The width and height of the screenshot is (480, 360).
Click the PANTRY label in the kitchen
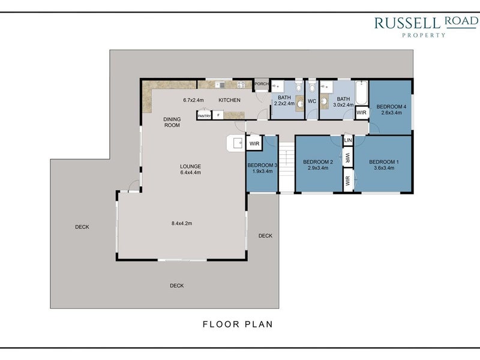tap(204, 116)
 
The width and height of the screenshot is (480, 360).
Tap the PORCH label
tap(262, 83)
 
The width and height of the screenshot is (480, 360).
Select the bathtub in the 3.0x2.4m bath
tap(362, 92)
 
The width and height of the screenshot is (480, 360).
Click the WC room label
tap(312, 101)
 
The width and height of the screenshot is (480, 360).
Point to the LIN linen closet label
tap(348, 140)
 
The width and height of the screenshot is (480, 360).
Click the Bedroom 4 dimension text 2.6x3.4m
tap(391, 113)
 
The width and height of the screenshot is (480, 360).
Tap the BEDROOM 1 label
tap(384, 162)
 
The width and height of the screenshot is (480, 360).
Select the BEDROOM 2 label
tap(318, 162)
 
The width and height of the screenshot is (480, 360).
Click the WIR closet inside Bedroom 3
tap(254, 143)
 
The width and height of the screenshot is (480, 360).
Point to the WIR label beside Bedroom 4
tap(362, 113)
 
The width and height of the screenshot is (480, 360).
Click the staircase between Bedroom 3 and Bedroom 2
tap(287, 167)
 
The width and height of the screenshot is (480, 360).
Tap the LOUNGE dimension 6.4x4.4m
tap(190, 172)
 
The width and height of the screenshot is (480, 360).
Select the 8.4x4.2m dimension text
tap(182, 223)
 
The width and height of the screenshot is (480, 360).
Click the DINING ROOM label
tap(172, 122)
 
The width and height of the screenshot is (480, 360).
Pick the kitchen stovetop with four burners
tap(241, 85)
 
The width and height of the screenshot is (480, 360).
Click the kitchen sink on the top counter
tap(220, 85)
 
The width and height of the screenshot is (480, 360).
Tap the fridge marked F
tap(218, 115)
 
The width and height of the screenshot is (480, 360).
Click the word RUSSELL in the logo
tap(407, 23)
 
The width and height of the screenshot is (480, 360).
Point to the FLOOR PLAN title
tap(238, 324)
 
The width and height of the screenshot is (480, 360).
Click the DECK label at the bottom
tap(177, 286)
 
